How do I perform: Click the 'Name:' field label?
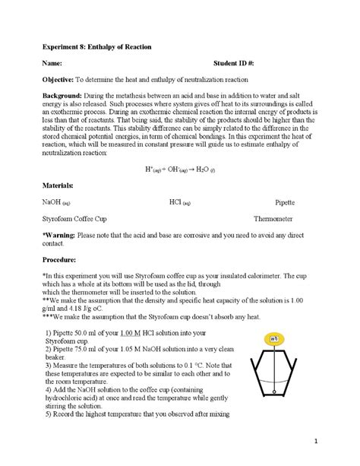pyautogui.click(x=52, y=63)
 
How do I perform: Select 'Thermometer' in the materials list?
pyautogui.click(x=274, y=218)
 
